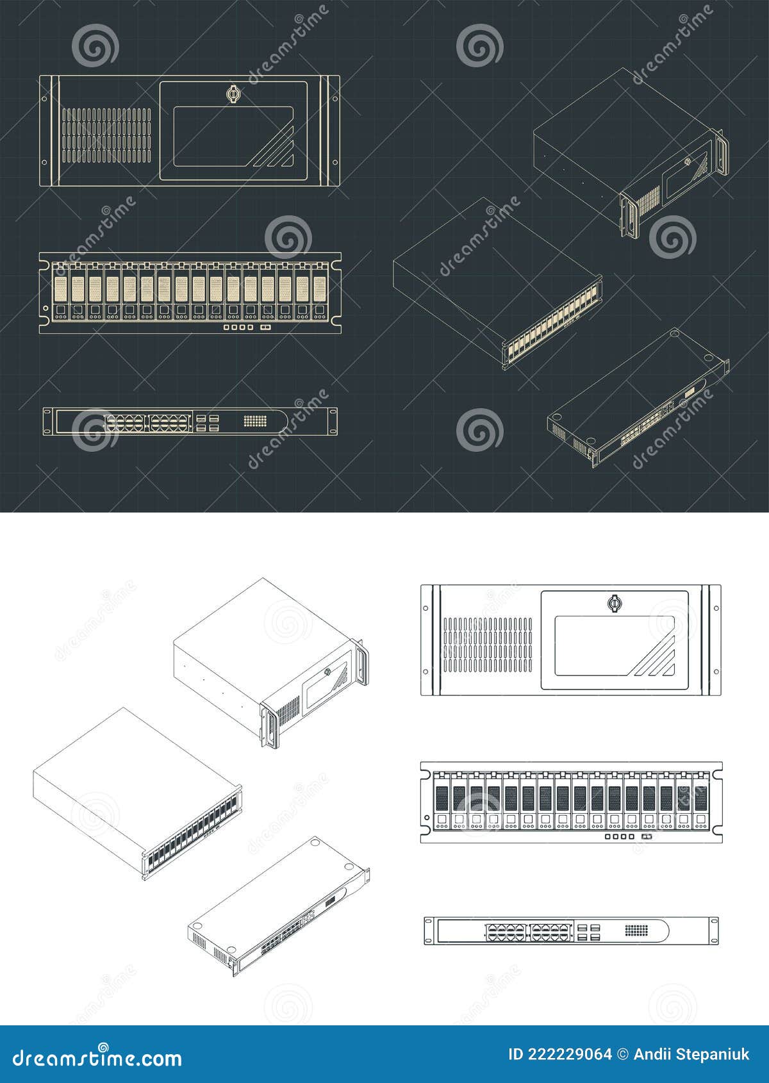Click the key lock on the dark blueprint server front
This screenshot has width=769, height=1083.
pos(233,94)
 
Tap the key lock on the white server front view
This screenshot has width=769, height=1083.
pos(614,603)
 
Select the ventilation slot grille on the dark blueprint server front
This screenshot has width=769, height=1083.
pos(107,135)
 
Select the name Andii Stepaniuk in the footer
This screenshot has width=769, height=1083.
pos(691,1054)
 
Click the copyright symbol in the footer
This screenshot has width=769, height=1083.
pos(622,1054)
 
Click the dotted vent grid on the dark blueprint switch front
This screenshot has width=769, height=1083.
pos(255,421)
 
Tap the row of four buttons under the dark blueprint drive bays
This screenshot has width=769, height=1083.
pos(238,327)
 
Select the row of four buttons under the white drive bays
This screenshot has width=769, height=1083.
pos(620,837)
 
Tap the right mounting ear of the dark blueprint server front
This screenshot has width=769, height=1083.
pos(333,131)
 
